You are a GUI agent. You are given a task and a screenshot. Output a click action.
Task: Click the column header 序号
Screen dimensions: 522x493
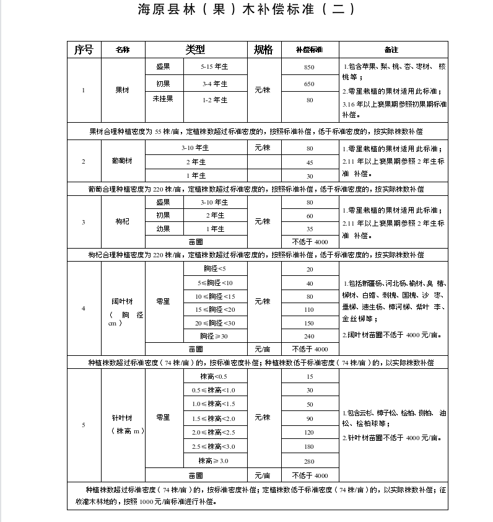point(84,50)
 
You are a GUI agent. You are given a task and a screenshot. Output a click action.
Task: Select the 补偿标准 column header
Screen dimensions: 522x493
point(309,50)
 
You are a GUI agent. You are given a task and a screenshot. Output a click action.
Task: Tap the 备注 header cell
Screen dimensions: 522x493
point(391,50)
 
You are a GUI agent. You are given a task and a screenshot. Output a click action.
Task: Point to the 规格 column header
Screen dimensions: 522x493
point(263,50)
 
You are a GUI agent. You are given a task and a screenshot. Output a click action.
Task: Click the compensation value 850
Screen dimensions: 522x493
point(309,67)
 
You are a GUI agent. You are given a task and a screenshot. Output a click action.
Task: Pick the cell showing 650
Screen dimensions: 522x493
point(309,84)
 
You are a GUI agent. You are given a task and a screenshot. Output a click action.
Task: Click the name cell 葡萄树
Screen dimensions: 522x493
point(122,161)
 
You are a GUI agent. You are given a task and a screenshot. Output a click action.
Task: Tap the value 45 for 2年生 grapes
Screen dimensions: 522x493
point(309,162)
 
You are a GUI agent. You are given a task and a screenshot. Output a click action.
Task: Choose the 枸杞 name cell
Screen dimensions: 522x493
point(122,222)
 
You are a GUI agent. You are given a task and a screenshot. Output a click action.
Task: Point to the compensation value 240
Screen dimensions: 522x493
point(309,337)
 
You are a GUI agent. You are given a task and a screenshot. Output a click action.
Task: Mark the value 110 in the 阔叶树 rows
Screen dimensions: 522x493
point(309,310)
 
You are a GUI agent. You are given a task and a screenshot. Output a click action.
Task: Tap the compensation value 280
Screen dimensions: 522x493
point(309,462)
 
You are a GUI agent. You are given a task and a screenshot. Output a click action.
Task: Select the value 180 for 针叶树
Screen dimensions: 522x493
point(309,447)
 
